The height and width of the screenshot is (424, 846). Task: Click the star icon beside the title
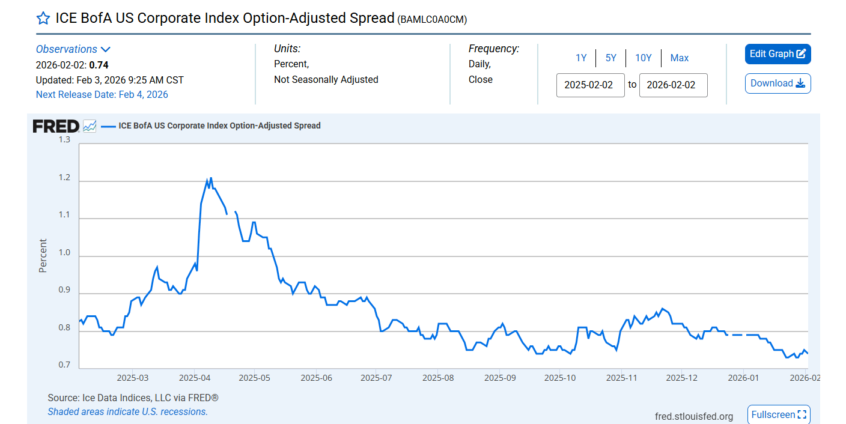[x=43, y=18]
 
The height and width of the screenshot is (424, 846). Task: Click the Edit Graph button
[x=778, y=54]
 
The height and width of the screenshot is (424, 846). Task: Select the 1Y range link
[x=581, y=58]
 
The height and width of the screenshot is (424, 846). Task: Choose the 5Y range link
[x=611, y=58]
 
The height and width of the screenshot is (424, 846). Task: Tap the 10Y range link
[x=644, y=58]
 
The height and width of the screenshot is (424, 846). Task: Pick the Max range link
[x=680, y=58]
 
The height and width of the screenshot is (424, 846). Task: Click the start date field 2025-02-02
[x=590, y=85]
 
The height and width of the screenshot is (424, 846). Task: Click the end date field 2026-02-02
[x=673, y=85]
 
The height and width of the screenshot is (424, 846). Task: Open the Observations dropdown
[x=73, y=49]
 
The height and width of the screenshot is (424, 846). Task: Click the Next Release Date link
[x=102, y=94]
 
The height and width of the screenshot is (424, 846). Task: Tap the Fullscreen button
[x=779, y=415]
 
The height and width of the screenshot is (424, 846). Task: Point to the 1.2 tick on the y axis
[x=64, y=178]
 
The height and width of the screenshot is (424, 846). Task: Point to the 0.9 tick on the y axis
[x=64, y=291]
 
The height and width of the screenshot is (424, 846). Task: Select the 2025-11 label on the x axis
[x=621, y=378]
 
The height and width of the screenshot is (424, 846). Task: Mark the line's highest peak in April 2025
[x=211, y=178]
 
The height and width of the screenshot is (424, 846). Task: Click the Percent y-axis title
[x=43, y=256]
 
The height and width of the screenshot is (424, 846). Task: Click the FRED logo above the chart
[x=56, y=126]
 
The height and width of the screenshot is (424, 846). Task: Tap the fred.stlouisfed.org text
[x=694, y=416]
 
